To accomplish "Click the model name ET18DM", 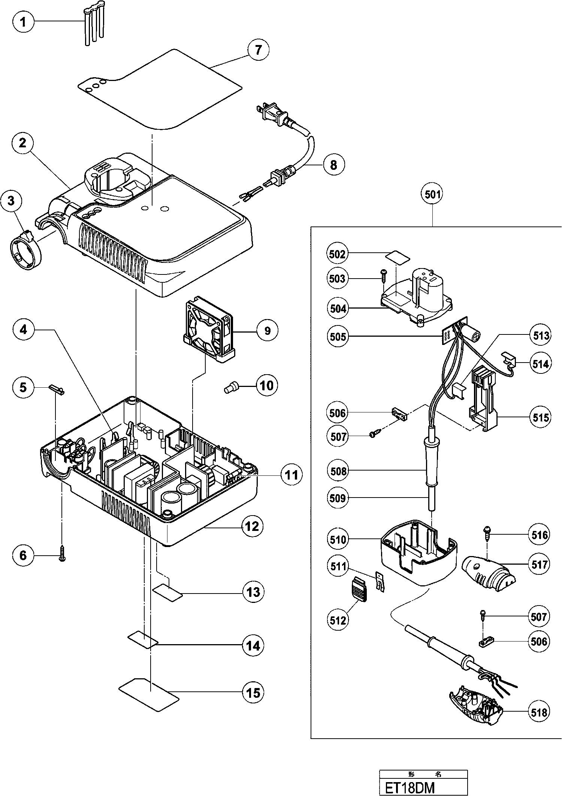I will [407, 787].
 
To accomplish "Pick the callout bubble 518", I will [539, 712].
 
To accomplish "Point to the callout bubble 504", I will [338, 309].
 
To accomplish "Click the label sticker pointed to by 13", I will [167, 592].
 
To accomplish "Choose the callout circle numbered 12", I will [252, 526].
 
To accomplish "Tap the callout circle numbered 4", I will [23, 330].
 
